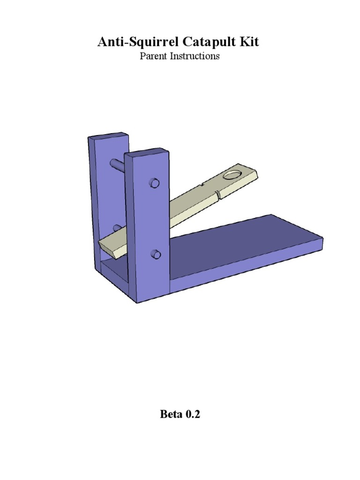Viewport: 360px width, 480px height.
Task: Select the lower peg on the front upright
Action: pos(155,255)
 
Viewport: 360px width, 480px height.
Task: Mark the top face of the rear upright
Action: pos(108,135)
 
